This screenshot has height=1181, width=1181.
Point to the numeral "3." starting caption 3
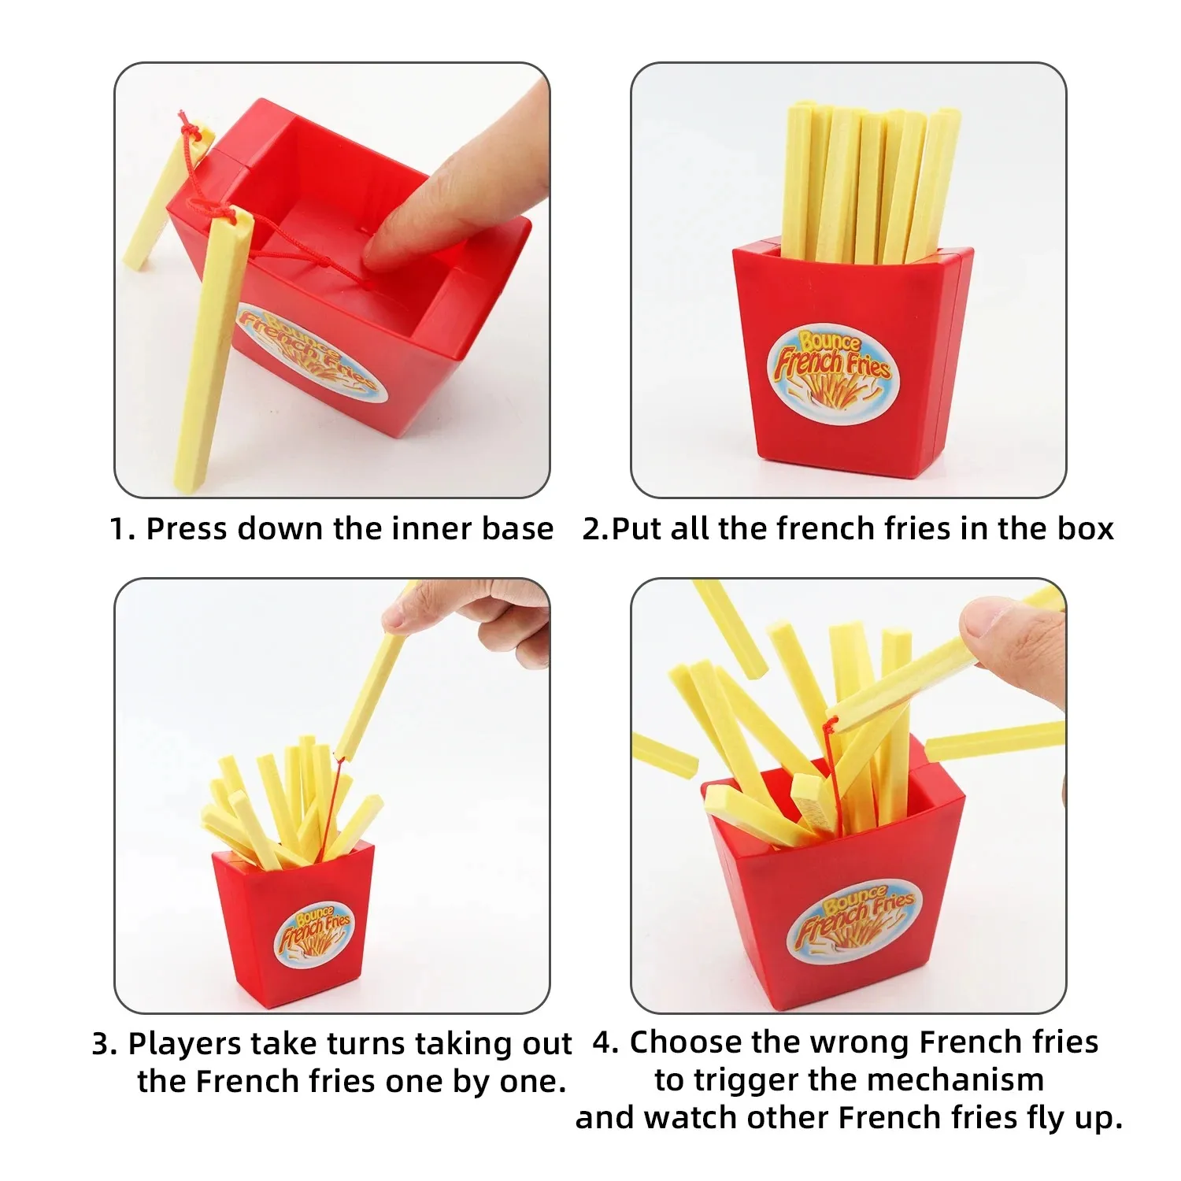[x=104, y=1044]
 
